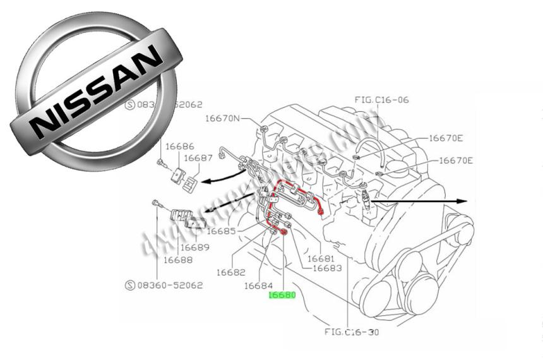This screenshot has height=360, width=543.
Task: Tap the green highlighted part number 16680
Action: tap(282, 294)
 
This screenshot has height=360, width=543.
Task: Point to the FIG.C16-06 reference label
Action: tap(382, 99)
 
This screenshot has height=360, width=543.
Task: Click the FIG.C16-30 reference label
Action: tap(352, 332)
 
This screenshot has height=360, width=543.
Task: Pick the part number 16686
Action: tap(180, 146)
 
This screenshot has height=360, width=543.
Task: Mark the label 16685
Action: tap(221, 231)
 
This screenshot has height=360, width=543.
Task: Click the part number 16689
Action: tap(194, 247)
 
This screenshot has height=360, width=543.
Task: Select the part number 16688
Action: tap(178, 259)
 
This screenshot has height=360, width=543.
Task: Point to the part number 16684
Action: tap(259, 285)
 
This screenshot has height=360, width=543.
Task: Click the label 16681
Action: tap(321, 258)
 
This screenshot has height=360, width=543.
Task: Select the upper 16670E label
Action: tap(446, 138)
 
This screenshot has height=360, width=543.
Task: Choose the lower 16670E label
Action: tap(456, 160)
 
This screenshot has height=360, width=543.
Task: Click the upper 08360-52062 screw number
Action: tap(170, 105)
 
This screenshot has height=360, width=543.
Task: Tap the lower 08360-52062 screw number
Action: tap(170, 285)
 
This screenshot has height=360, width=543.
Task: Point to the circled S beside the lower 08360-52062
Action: tap(130, 285)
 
